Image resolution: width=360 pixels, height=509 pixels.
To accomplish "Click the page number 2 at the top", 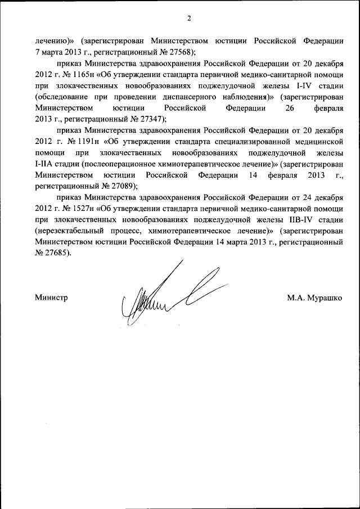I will [x=190, y=19].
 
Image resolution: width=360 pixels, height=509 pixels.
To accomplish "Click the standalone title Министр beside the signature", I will [x=51, y=298].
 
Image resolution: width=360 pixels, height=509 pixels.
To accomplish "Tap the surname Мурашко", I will [x=324, y=298].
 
